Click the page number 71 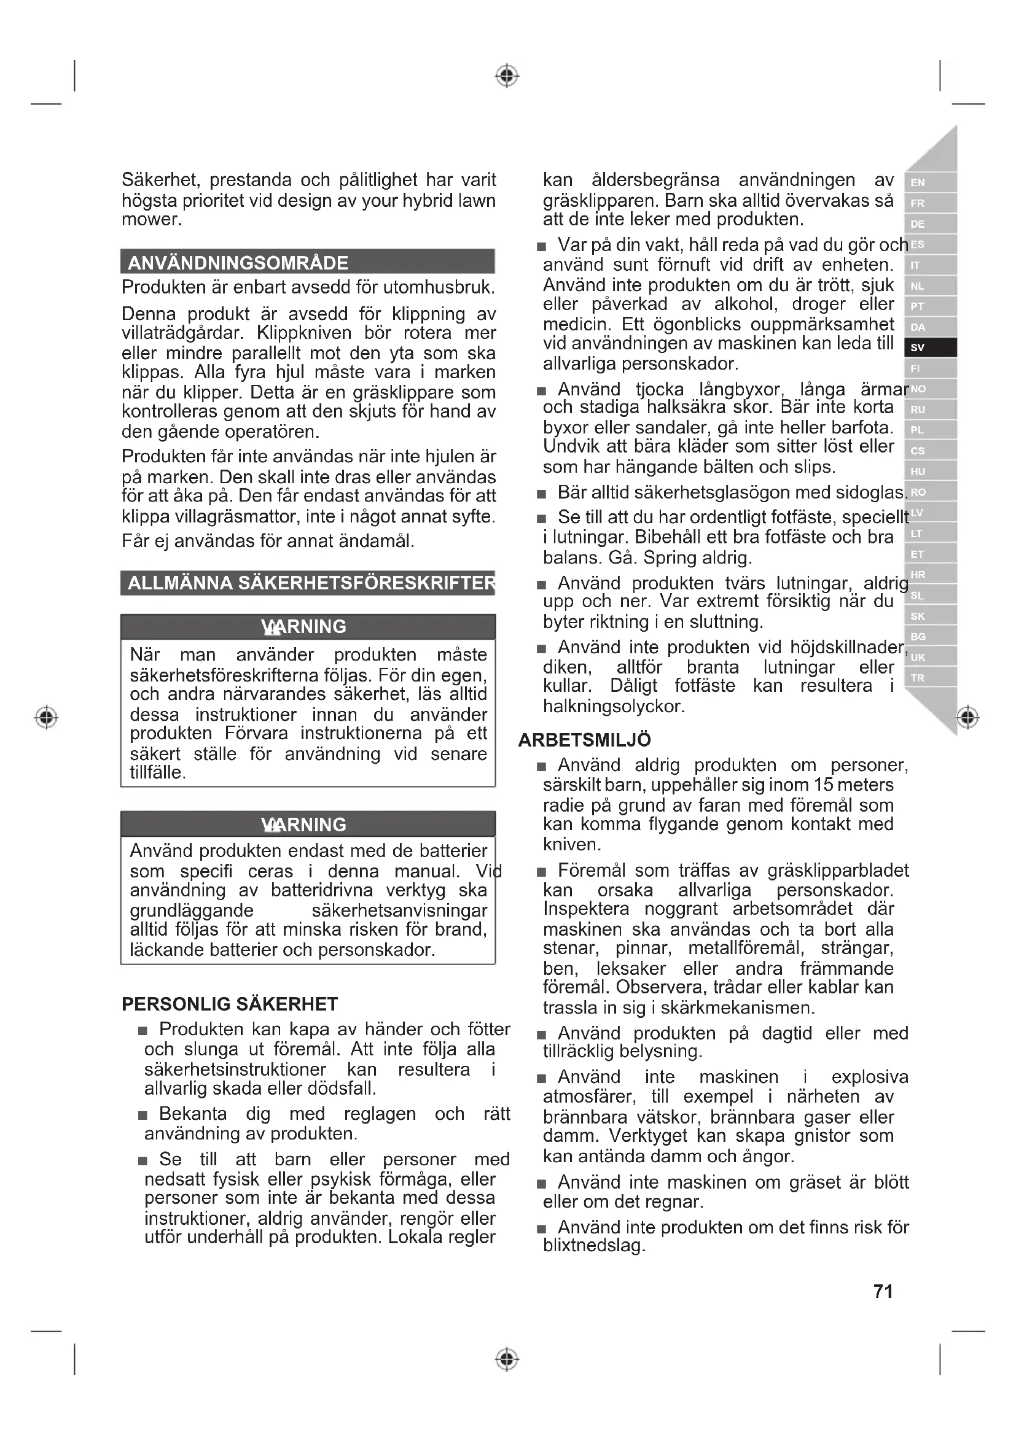tap(883, 1291)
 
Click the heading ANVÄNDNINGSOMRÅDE tap(238, 263)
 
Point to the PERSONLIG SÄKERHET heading tap(230, 1004)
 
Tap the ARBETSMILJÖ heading tap(584, 740)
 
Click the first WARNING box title tap(305, 627)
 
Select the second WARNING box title tap(305, 825)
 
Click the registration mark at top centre tap(507, 76)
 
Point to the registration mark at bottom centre tap(507, 1359)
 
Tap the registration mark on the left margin tap(46, 717)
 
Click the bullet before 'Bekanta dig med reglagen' tap(143, 1115)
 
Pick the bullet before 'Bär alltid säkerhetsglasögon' tap(542, 494)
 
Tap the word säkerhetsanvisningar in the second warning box tap(399, 910)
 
